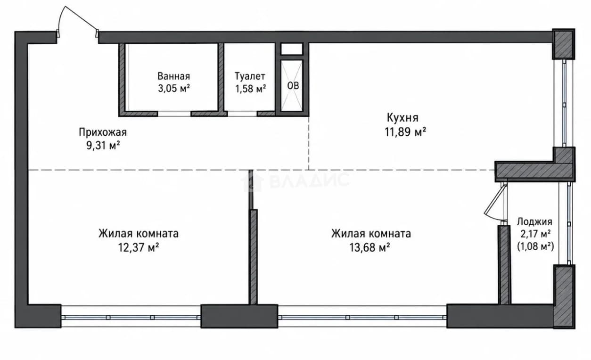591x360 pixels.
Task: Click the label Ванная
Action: (x=173, y=76)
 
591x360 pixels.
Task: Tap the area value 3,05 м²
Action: (x=174, y=89)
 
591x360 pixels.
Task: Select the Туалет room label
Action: (x=250, y=76)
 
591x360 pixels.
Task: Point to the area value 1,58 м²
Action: (x=250, y=89)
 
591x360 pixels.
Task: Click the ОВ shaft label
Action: (x=293, y=86)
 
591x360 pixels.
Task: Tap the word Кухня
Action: (x=402, y=118)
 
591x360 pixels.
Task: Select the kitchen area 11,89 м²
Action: (x=405, y=131)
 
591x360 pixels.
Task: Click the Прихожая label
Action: (x=103, y=132)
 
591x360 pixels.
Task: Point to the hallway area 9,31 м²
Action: (x=103, y=145)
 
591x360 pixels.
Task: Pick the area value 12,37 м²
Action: (x=138, y=247)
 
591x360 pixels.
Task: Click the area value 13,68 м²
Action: (x=369, y=247)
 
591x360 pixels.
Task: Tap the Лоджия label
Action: (x=534, y=222)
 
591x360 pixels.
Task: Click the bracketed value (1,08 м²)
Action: (x=535, y=246)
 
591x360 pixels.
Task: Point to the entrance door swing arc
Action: (x=60, y=18)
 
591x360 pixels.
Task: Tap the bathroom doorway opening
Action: (x=174, y=114)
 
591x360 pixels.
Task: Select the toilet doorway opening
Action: (x=242, y=114)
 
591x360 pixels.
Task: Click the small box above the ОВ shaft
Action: (x=291, y=49)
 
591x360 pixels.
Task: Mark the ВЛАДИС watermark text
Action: (x=295, y=180)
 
